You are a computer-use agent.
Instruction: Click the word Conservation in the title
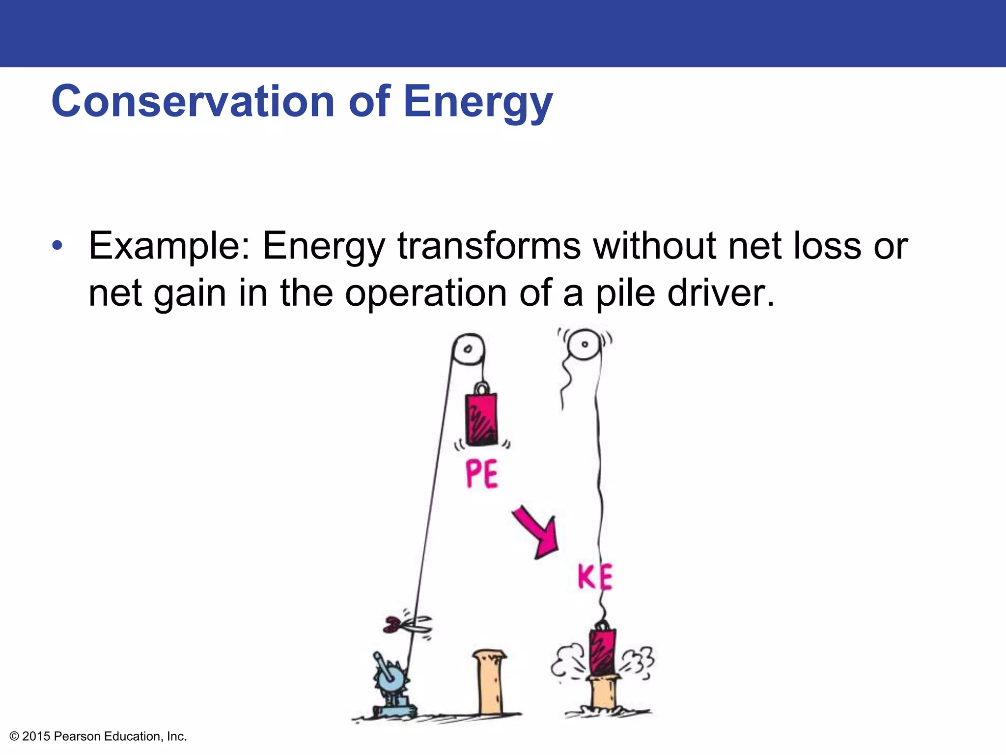click(x=193, y=102)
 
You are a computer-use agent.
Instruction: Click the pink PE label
click(x=481, y=474)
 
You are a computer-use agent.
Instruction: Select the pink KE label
click(x=595, y=577)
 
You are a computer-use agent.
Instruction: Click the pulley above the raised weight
click(x=468, y=349)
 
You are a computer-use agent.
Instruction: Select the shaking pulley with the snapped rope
click(x=585, y=344)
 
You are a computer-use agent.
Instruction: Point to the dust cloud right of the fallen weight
click(x=639, y=661)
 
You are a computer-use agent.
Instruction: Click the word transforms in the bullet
click(x=489, y=246)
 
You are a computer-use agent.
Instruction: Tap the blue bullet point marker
click(x=57, y=245)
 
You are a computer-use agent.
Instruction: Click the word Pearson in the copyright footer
click(x=77, y=736)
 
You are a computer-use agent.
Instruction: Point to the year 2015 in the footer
click(x=36, y=736)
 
